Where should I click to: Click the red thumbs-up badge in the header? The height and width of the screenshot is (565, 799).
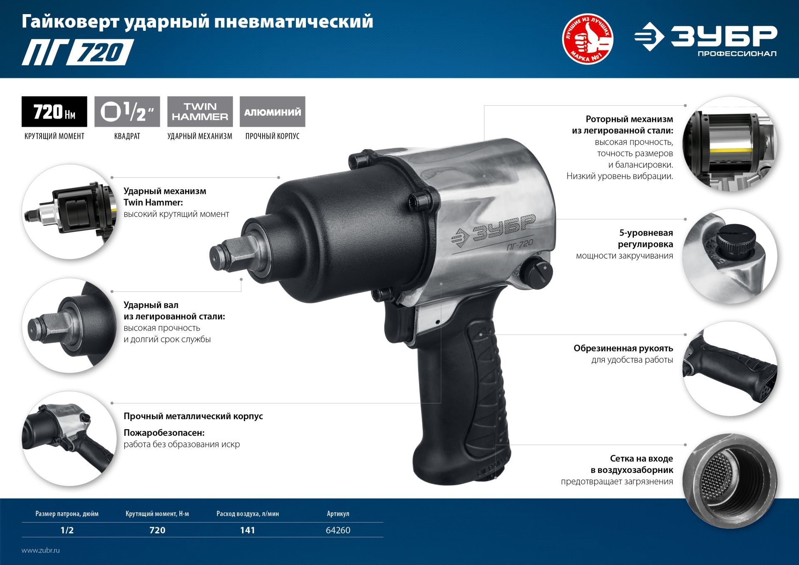tap(587, 39)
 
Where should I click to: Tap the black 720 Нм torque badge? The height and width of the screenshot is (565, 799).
tap(54, 112)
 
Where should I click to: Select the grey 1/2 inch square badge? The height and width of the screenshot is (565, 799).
tap(127, 112)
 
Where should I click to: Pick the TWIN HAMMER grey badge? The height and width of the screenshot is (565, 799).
tap(200, 112)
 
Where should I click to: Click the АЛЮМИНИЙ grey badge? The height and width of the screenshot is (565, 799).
tap(273, 112)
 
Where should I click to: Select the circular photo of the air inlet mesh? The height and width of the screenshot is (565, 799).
tap(730, 481)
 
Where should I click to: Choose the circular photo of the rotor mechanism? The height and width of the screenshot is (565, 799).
tap(730, 144)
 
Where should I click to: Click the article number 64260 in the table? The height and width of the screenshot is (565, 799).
tap(338, 530)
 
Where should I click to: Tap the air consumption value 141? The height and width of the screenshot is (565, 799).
tap(247, 530)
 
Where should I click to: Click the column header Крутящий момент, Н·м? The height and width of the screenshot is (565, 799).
tap(157, 514)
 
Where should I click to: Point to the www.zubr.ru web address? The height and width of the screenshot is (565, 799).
tap(41, 550)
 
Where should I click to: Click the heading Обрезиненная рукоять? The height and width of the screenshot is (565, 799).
tap(623, 348)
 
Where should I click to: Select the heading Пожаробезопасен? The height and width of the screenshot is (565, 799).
tap(164, 433)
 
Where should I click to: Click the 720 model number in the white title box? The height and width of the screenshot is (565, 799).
tap(100, 52)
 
